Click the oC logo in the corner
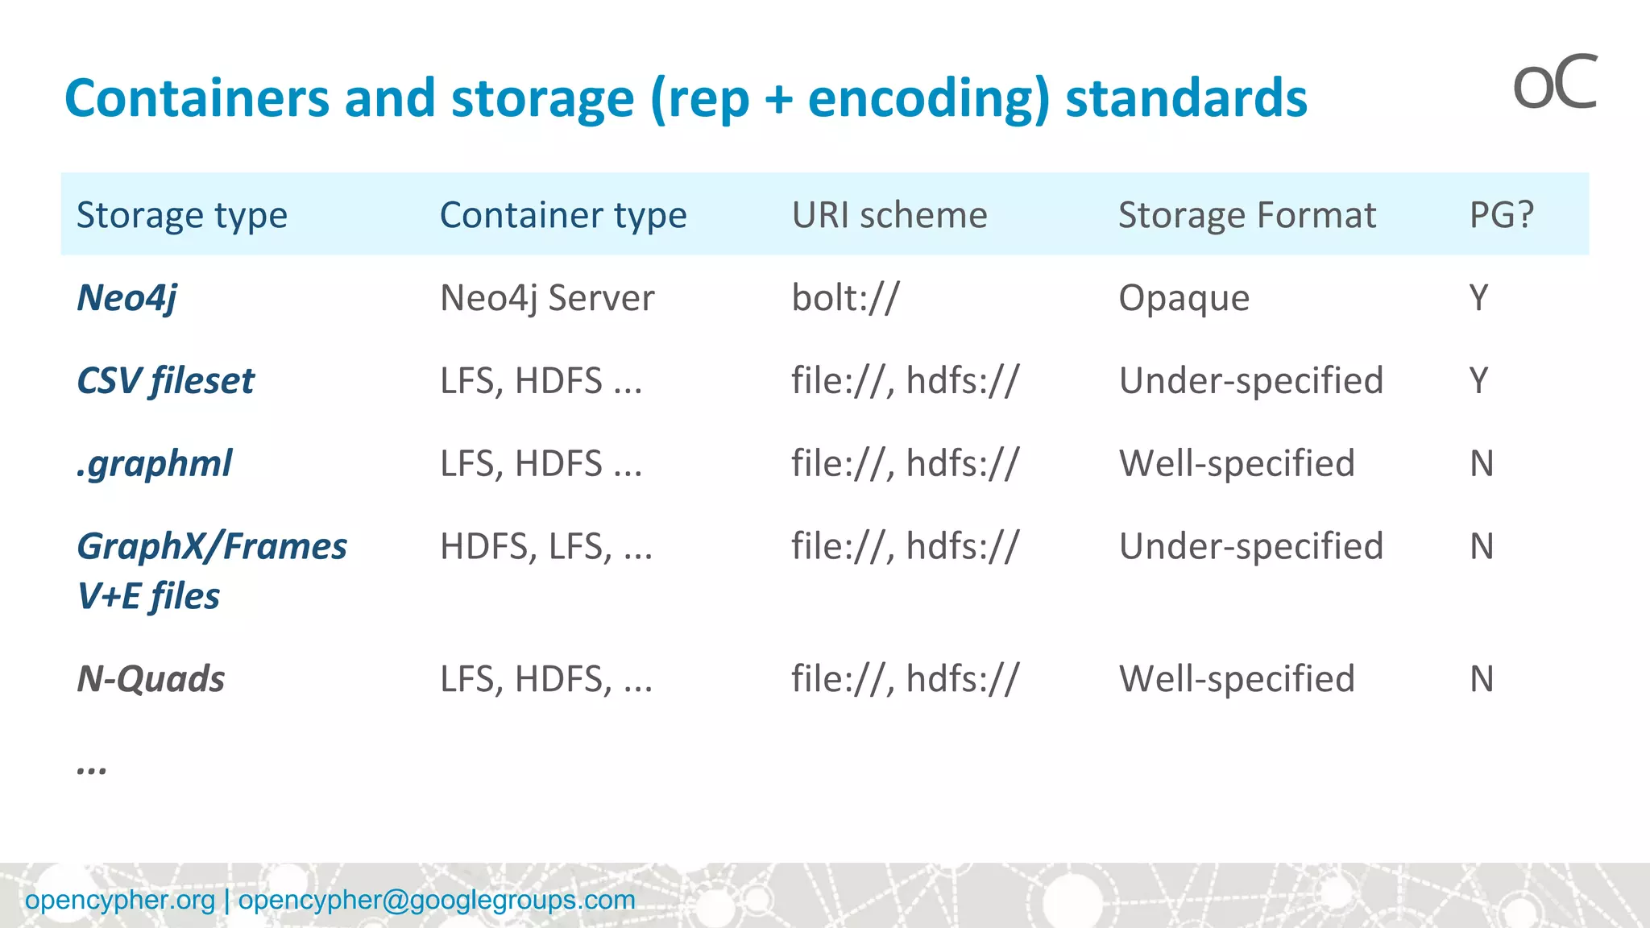[x=1554, y=84]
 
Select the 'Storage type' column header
[x=181, y=215]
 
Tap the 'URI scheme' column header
[x=889, y=215]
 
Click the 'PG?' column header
[x=1501, y=215]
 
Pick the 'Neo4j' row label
[x=126, y=298]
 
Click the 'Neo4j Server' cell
[x=546, y=298]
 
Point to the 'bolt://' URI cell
[x=844, y=298]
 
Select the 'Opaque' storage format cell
[x=1184, y=298]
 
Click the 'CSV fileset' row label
[x=165, y=381]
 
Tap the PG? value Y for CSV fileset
[x=1478, y=381]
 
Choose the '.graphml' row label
[x=154, y=464]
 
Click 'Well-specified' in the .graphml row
[x=1237, y=464]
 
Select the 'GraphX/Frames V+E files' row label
[x=211, y=570]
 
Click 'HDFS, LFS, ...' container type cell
[x=545, y=547]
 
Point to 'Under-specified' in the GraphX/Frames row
[x=1250, y=547]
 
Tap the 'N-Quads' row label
[x=151, y=679]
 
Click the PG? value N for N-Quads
[x=1481, y=679]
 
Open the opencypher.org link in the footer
[x=120, y=900]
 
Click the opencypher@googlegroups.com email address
[x=437, y=900]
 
